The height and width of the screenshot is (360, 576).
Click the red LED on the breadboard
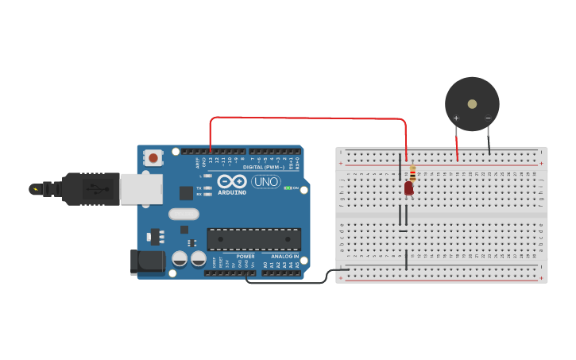pos(408,188)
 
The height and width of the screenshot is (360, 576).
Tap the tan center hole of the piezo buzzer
pos(472,103)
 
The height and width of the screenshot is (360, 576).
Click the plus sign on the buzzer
pos(456,118)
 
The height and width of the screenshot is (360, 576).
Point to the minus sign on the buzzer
pos(488,118)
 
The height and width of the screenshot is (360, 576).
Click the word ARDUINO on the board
pos(232,192)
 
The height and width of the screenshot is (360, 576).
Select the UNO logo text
pos(265,182)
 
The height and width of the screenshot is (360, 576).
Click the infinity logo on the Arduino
pos(232,181)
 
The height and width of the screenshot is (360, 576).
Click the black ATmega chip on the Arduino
pos(254,239)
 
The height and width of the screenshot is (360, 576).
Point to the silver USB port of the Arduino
pos(141,189)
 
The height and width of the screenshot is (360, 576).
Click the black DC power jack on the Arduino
pos(147,262)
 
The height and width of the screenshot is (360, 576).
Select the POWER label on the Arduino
pos(245,257)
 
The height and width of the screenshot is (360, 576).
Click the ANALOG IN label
pos(285,257)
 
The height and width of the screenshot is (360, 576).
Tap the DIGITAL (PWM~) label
pos(265,168)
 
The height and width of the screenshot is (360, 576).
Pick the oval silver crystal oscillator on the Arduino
pos(184,214)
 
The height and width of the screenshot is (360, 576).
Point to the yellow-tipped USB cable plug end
pos(35,189)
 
